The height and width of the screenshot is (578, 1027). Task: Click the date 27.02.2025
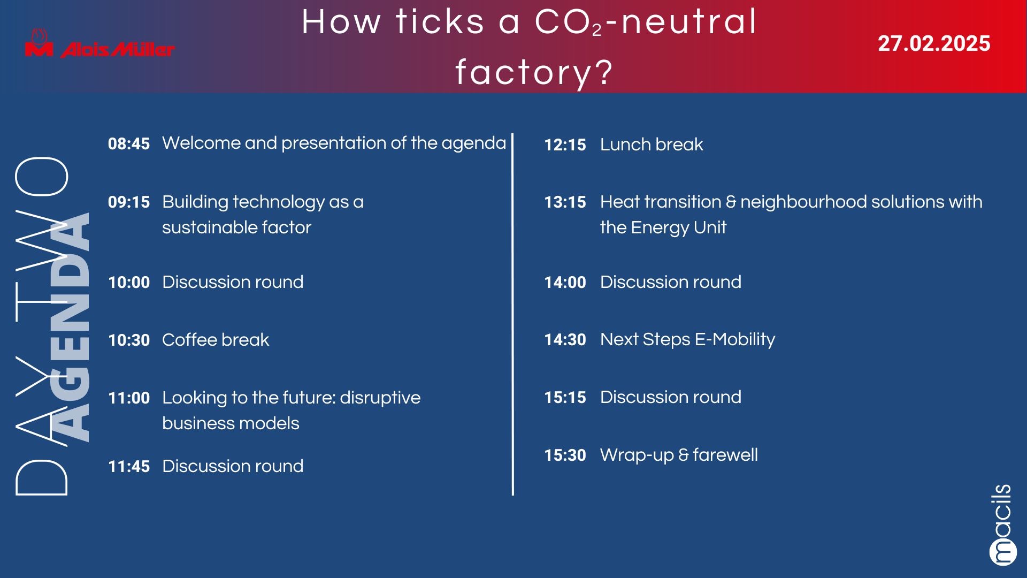pyautogui.click(x=934, y=43)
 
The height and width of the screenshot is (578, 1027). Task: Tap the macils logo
pyautogui.click(x=1002, y=524)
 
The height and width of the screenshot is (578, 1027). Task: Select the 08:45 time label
pyautogui.click(x=129, y=143)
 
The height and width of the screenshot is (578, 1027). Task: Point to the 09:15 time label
pyautogui.click(x=129, y=202)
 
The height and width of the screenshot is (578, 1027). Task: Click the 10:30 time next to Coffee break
pyautogui.click(x=129, y=340)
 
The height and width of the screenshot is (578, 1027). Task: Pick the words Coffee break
pyautogui.click(x=216, y=339)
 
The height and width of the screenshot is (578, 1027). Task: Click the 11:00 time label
pyautogui.click(x=129, y=398)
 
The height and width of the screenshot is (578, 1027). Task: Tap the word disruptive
pyautogui.click(x=380, y=398)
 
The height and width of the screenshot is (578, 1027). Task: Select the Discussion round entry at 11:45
pyautogui.click(x=233, y=466)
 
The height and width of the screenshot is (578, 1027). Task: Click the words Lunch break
pyautogui.click(x=652, y=144)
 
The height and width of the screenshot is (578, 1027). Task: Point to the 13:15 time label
pyautogui.click(x=565, y=202)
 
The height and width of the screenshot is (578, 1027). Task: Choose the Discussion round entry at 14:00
pyautogui.click(x=671, y=282)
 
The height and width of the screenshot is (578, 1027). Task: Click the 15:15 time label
pyautogui.click(x=565, y=397)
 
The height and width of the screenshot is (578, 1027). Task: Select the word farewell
pyautogui.click(x=725, y=454)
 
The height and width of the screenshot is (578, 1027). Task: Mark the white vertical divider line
pyautogui.click(x=512, y=314)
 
